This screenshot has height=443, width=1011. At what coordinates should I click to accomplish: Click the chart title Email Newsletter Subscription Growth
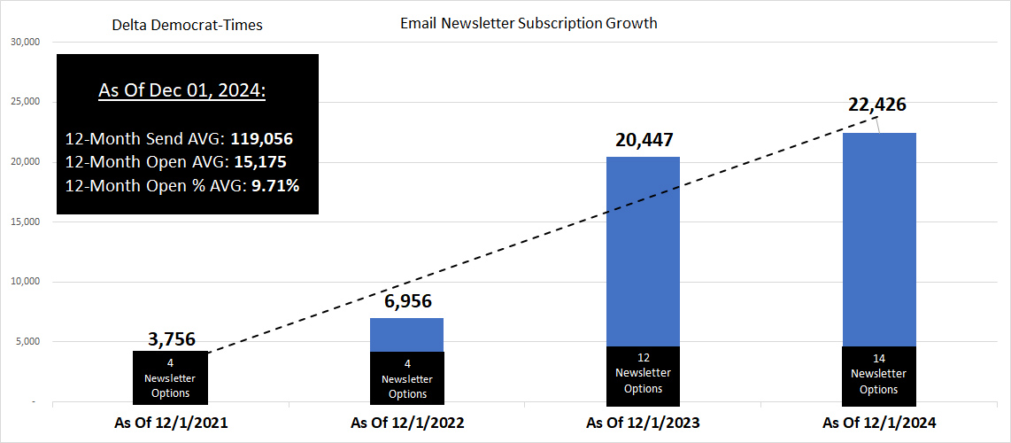click(529, 23)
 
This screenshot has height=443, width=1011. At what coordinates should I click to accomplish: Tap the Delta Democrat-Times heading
click(187, 25)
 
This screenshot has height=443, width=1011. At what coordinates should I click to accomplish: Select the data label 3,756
click(170, 339)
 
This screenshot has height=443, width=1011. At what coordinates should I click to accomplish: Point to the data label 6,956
click(407, 301)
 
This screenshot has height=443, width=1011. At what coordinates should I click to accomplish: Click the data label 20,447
click(643, 140)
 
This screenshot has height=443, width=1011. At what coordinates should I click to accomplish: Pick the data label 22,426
click(877, 105)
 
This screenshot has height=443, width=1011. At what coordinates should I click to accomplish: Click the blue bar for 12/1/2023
click(643, 253)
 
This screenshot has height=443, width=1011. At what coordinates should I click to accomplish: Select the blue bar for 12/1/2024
click(879, 239)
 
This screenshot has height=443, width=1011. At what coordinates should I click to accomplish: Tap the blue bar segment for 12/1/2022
click(407, 334)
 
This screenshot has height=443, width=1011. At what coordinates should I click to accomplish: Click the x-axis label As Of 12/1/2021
click(171, 423)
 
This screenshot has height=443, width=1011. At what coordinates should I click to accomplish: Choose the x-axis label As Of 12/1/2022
click(407, 423)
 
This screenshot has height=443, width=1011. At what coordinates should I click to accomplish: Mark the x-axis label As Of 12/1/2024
click(879, 423)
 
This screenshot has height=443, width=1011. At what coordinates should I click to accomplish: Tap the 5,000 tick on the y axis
click(27, 342)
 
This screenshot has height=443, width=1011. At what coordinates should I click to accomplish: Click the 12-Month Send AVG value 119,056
click(261, 139)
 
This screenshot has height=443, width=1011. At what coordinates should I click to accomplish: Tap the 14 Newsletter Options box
click(879, 374)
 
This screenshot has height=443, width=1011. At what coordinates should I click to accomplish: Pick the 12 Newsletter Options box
click(643, 374)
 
